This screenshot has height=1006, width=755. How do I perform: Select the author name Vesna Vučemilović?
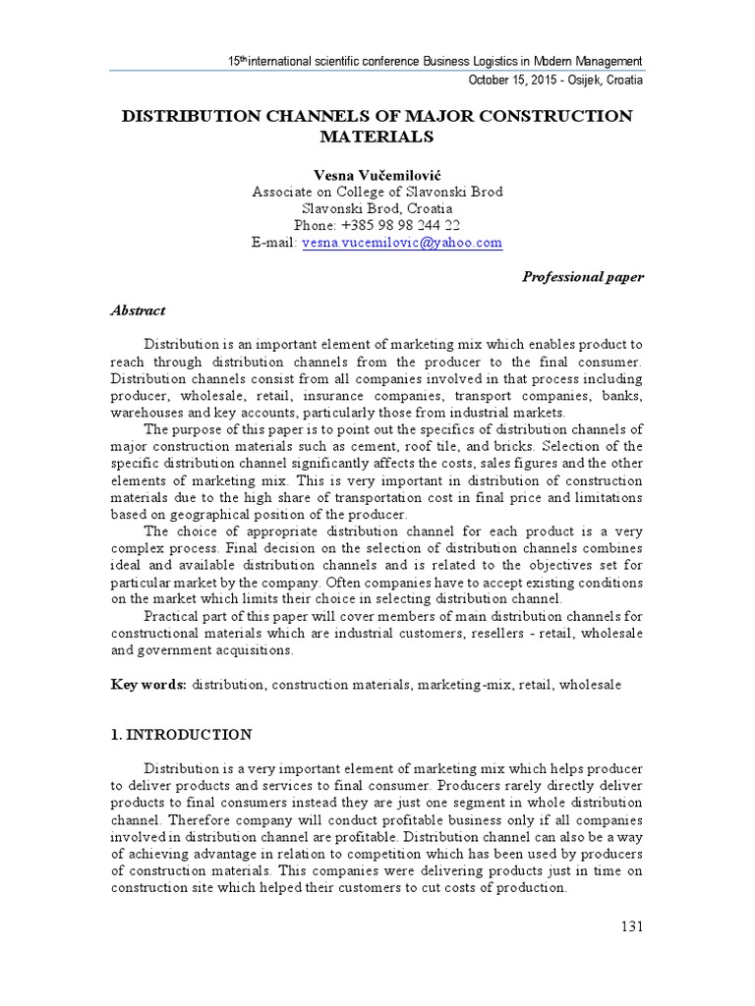point(377,174)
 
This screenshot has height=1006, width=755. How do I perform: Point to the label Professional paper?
point(582,277)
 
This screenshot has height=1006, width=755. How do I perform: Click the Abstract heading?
point(138,310)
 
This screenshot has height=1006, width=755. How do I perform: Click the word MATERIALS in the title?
point(377,136)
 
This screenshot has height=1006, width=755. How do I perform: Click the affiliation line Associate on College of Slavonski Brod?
point(377,192)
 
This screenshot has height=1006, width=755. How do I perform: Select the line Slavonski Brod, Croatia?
point(377,208)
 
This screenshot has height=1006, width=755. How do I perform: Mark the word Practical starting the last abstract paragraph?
point(174,616)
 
